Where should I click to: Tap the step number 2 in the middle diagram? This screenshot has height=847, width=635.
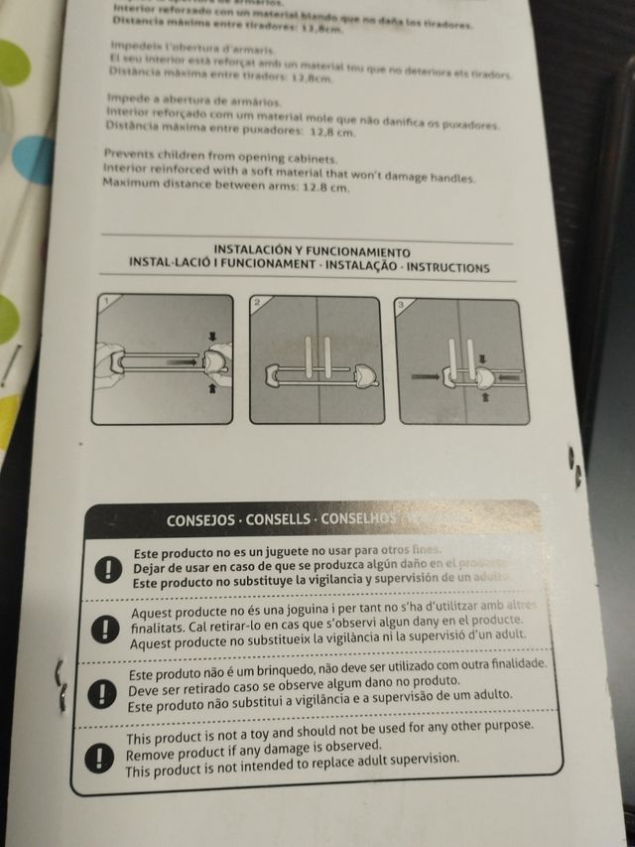pyautogui.click(x=257, y=302)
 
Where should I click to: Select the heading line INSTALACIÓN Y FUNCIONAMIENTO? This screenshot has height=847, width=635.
pyautogui.click(x=311, y=252)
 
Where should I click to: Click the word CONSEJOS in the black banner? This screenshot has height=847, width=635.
pyautogui.click(x=201, y=519)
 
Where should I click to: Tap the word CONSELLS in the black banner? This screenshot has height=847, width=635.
pyautogui.click(x=278, y=519)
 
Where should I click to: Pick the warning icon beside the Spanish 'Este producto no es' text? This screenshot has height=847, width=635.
pyautogui.click(x=105, y=569)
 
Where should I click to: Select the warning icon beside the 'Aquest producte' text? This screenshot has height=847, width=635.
pyautogui.click(x=102, y=629)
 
